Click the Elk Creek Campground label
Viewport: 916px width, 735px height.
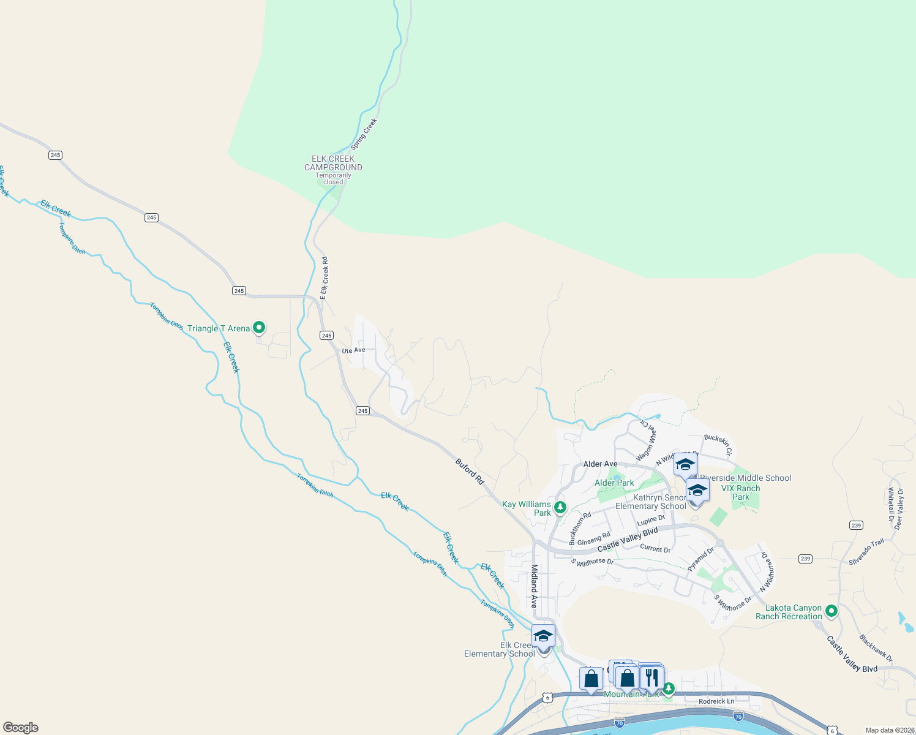click(x=333, y=163)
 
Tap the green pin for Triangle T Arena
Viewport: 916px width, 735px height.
click(x=259, y=328)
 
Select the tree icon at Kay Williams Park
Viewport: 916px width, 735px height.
click(x=560, y=507)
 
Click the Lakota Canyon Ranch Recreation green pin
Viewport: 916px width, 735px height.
click(x=831, y=611)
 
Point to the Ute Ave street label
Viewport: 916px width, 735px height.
click(x=353, y=350)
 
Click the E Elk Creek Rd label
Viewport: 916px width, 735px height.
click(x=324, y=278)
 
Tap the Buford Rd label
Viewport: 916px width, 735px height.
click(x=470, y=472)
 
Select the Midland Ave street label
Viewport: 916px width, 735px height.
click(x=535, y=586)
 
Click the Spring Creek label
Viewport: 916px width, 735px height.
click(x=364, y=135)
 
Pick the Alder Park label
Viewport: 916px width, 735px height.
click(x=614, y=483)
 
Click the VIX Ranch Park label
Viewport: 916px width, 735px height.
click(x=740, y=492)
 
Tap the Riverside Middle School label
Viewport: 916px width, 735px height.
click(x=745, y=478)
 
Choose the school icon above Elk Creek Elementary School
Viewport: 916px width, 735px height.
click(x=543, y=636)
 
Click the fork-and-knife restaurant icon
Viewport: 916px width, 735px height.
click(x=651, y=677)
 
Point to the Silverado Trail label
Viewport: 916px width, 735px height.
click(x=866, y=552)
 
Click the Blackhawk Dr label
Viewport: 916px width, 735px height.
click(x=876, y=648)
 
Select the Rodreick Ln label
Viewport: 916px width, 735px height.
click(x=716, y=701)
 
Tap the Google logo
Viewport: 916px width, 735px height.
click(x=21, y=728)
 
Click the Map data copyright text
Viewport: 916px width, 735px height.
click(x=889, y=730)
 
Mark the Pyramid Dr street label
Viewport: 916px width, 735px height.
click(x=700, y=559)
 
